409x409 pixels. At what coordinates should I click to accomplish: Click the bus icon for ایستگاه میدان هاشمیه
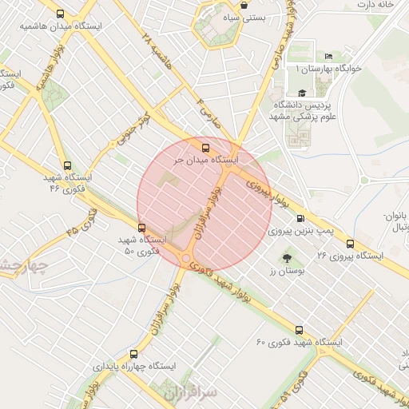62,14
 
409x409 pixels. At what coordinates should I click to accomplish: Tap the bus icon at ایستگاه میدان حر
206,147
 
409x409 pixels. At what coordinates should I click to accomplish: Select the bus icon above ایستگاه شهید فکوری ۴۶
67,165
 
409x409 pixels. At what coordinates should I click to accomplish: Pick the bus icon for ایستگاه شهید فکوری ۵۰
141,228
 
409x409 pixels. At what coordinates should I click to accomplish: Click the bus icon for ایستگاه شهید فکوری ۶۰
300,329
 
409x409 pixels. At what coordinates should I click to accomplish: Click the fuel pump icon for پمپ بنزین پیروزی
300,218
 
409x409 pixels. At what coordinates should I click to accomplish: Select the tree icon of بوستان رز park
286,258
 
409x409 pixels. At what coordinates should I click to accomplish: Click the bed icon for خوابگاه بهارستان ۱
329,57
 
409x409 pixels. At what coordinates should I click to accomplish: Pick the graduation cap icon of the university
301,93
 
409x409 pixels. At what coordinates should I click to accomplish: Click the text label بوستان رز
290,272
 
